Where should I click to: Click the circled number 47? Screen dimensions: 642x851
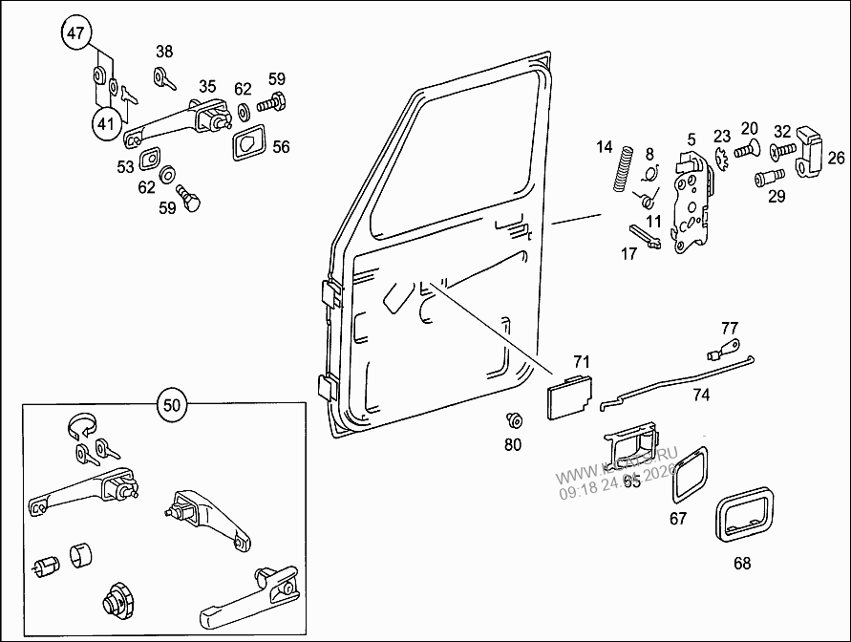pyautogui.click(x=76, y=32)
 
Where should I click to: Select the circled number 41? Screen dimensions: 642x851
pyautogui.click(x=108, y=121)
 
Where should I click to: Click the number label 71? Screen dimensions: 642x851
pyautogui.click(x=582, y=361)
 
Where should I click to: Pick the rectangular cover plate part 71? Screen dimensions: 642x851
pyautogui.click(x=567, y=396)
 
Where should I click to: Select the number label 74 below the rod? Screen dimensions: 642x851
pyautogui.click(x=701, y=394)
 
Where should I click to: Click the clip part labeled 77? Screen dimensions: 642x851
pyautogui.click(x=729, y=345)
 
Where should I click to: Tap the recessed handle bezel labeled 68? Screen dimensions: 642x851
pyautogui.click(x=745, y=517)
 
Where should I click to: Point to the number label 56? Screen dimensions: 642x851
pyautogui.click(x=281, y=147)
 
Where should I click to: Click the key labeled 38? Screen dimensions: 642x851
pyautogui.click(x=163, y=77)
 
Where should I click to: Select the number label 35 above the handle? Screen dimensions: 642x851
pyautogui.click(x=207, y=87)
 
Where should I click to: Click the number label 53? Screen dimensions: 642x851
pyautogui.click(x=126, y=167)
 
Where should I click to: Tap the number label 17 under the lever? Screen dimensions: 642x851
pyautogui.click(x=628, y=254)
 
